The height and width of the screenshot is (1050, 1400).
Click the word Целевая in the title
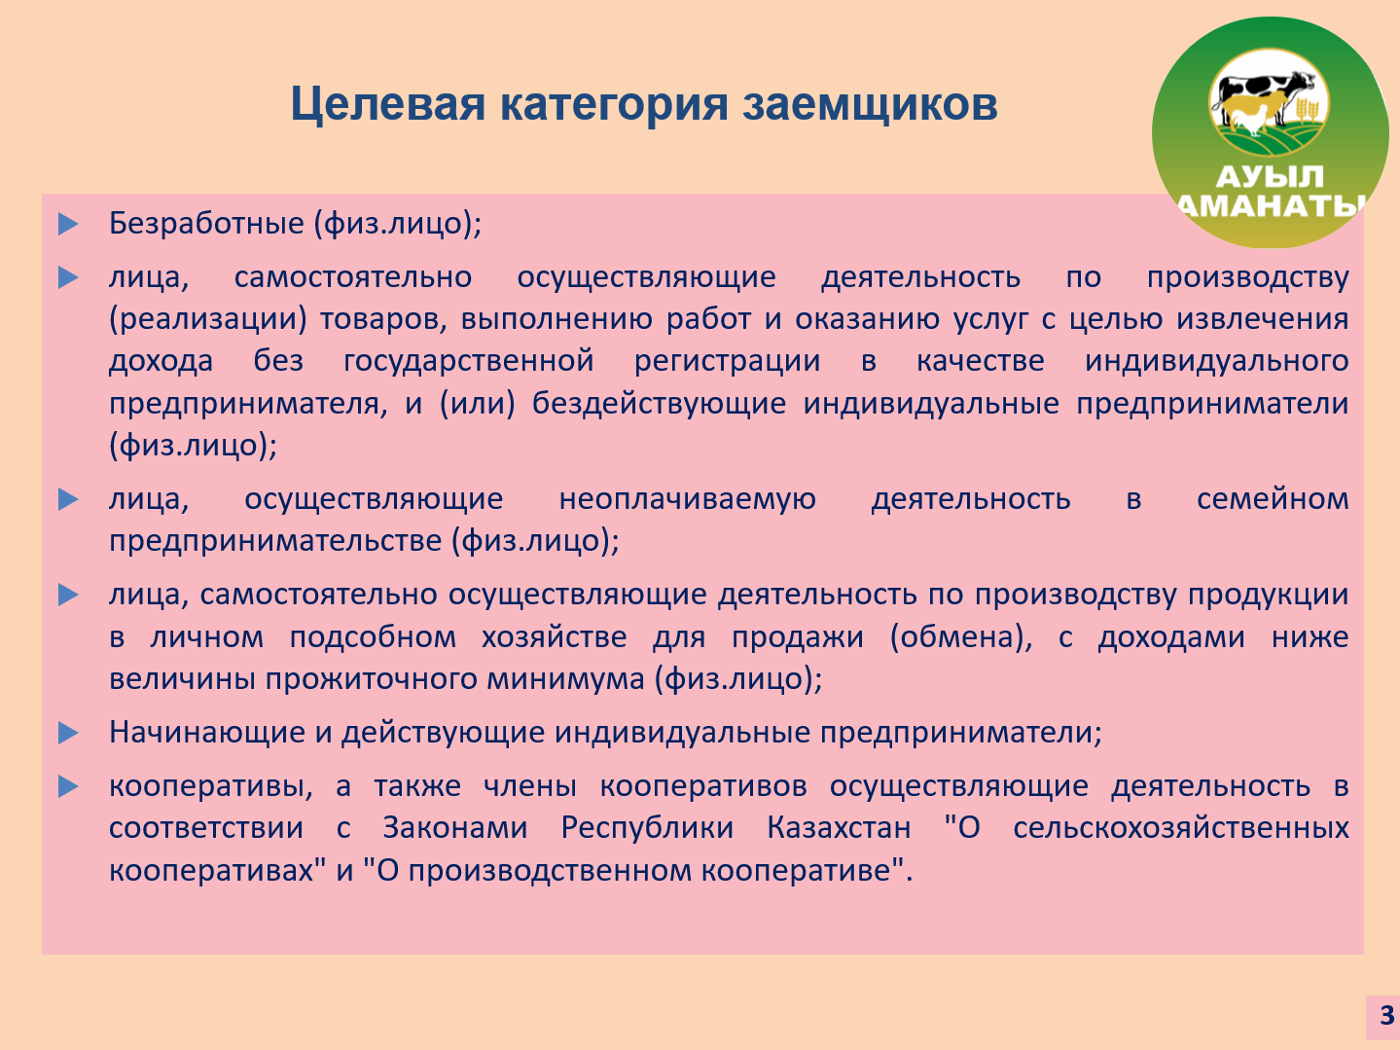click(388, 105)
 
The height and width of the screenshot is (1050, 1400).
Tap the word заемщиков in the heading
click(870, 105)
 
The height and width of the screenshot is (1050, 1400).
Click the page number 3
click(1387, 1015)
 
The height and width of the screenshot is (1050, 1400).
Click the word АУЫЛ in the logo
click(1270, 177)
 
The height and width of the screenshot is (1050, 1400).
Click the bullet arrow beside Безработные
click(67, 224)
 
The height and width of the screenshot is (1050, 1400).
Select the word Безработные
click(206, 224)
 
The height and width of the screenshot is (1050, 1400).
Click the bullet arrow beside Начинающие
click(67, 733)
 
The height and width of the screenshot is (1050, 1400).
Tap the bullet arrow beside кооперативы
click(67, 786)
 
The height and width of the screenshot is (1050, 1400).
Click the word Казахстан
click(839, 827)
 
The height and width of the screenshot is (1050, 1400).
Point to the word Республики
click(647, 829)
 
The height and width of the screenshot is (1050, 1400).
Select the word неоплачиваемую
click(687, 499)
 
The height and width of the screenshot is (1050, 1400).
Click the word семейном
click(1273, 499)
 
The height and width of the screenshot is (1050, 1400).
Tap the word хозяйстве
click(554, 637)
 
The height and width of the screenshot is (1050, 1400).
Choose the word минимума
click(566, 678)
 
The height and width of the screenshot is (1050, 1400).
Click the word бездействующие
click(659, 404)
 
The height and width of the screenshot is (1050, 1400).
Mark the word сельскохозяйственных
click(1180, 829)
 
